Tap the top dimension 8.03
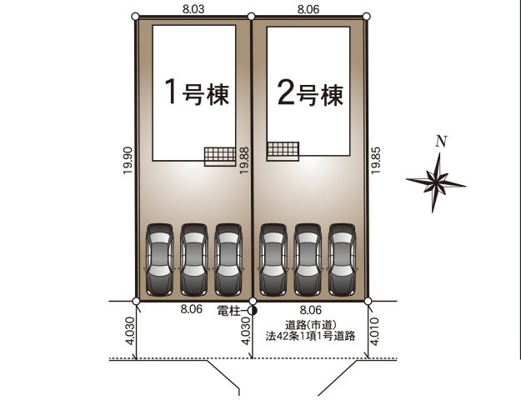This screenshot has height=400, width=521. point(193,7)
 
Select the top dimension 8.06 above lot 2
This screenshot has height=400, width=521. point(309,7)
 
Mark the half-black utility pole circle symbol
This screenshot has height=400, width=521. point(253,312)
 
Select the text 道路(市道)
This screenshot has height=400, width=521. point(309,325)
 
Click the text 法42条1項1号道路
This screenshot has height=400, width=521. point(309,337)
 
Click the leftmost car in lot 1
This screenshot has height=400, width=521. point(158,260)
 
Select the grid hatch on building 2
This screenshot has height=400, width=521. point(283,151)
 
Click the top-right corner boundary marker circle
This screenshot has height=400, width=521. point(367,17)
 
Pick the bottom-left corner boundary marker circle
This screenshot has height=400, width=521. point(136,301)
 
